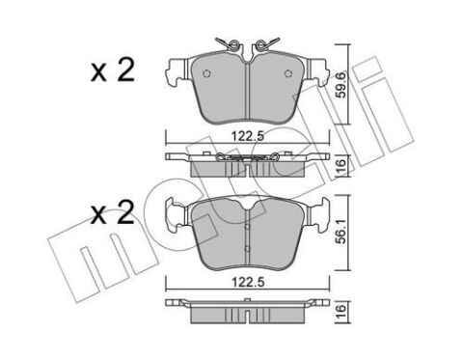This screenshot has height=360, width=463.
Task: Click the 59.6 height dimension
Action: click(341, 84)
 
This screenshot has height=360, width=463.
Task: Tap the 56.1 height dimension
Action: click(341, 232)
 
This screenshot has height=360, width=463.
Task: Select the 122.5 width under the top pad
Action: click(248, 136)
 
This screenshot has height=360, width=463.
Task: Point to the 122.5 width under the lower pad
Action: click(248, 282)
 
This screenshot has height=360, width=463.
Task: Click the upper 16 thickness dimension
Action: click(341, 165)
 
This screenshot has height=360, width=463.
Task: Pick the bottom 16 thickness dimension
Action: click(341, 311)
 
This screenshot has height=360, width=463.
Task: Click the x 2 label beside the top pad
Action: click(113, 70)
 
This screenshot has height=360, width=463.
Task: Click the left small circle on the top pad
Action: click(207, 73)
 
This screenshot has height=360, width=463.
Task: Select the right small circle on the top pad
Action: click(287, 73)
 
